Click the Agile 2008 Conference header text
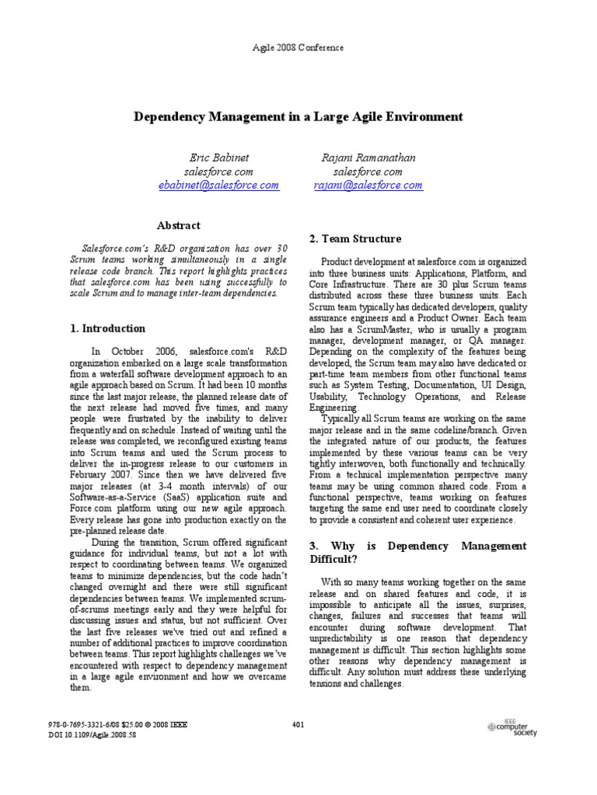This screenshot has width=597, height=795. (x=298, y=47)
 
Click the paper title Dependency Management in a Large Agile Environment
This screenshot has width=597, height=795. (x=298, y=116)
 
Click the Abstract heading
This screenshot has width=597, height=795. (x=179, y=225)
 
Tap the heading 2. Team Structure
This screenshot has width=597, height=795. (x=355, y=238)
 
